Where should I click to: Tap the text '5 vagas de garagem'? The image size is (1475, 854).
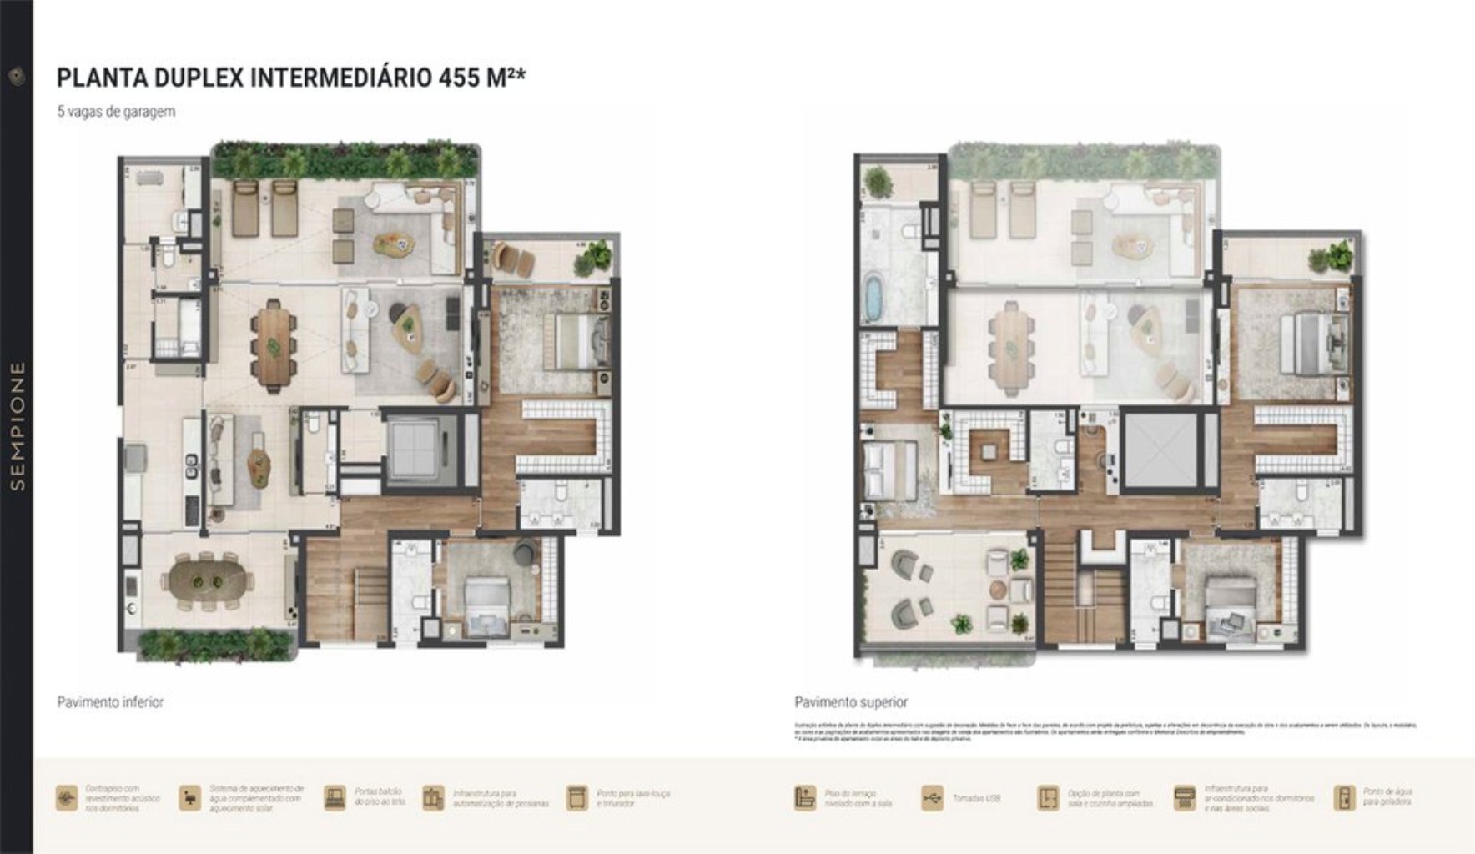(116, 111)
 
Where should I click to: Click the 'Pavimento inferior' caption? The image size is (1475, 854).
(110, 702)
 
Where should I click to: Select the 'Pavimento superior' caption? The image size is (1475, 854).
(851, 702)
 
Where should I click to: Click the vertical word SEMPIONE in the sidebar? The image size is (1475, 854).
(17, 425)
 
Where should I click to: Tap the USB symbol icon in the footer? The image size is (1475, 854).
(932, 798)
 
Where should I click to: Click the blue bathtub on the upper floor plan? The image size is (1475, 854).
(873, 300)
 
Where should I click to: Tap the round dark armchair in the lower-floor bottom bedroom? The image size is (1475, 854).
(525, 551)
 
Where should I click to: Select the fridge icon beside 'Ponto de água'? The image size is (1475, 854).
(1344, 798)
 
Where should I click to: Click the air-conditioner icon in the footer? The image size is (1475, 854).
(1184, 798)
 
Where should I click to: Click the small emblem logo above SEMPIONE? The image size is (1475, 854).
(17, 77)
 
